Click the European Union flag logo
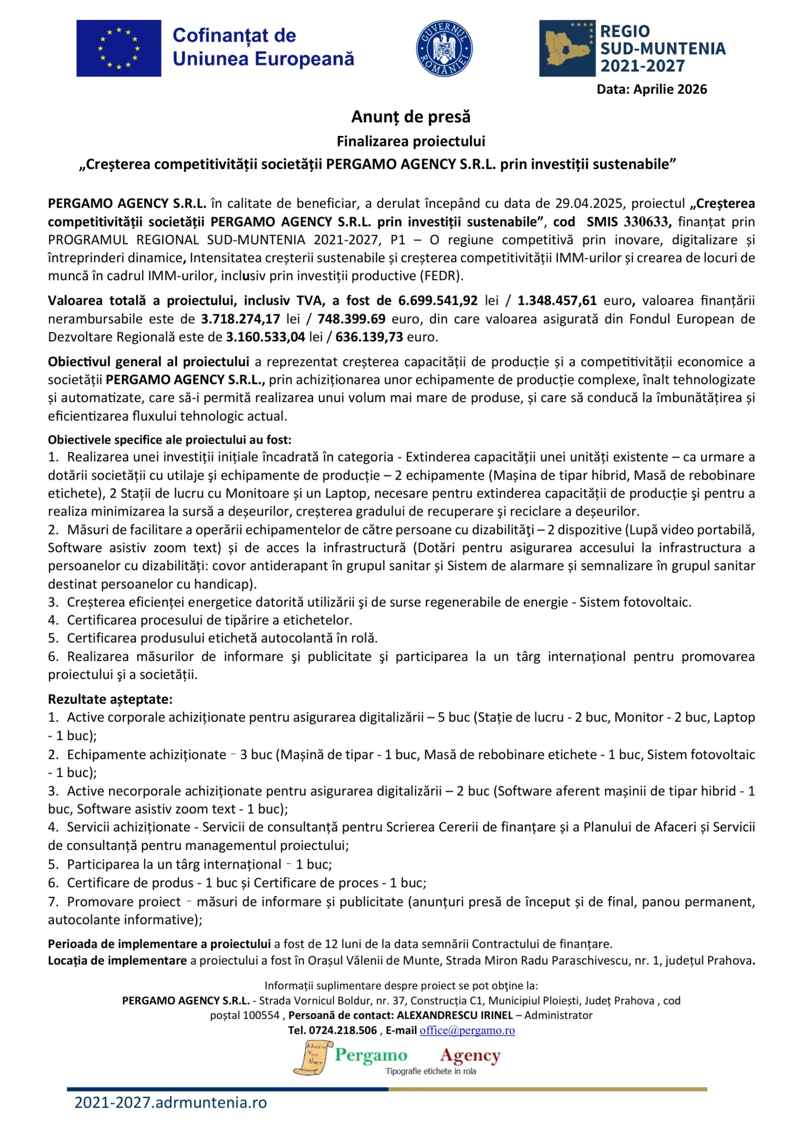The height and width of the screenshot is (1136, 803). [x=119, y=49]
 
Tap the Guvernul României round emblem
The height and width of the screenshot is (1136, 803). [x=444, y=49]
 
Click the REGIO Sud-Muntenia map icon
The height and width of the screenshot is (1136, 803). [x=567, y=49]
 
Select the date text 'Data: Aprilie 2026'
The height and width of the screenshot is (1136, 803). [x=651, y=89]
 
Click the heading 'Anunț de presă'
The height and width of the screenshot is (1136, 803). [x=411, y=117]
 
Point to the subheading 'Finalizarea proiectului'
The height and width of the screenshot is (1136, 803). [x=411, y=141]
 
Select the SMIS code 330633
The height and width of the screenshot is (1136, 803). [x=646, y=222]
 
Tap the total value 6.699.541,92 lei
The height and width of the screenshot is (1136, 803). [x=438, y=301]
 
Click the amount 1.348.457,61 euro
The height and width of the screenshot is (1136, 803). [x=557, y=301]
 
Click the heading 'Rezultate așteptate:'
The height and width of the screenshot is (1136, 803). [x=110, y=699]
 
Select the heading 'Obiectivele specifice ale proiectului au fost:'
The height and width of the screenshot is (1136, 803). [x=170, y=440]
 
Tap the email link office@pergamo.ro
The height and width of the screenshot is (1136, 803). [x=467, y=1030]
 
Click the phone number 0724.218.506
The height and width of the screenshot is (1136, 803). [x=342, y=1030]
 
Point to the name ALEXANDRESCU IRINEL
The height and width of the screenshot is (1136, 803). [x=455, y=1015]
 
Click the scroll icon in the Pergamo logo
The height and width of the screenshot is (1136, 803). [x=313, y=1058]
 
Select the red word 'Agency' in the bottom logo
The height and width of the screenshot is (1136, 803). [x=470, y=1055]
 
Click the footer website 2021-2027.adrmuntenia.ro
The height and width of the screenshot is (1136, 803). [x=170, y=1103]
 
